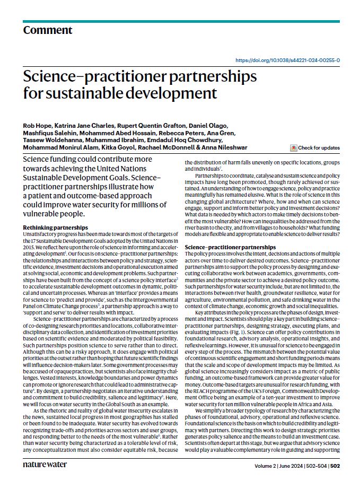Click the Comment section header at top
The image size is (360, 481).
[47, 30]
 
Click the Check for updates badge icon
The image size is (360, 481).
[294, 147]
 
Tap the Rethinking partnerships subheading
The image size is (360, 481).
[50, 227]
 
